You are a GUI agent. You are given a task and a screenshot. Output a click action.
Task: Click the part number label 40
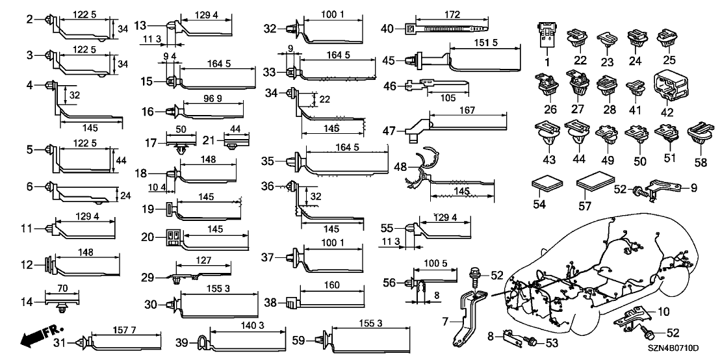[387, 29]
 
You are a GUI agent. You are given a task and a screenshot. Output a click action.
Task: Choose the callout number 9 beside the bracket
[693, 188]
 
